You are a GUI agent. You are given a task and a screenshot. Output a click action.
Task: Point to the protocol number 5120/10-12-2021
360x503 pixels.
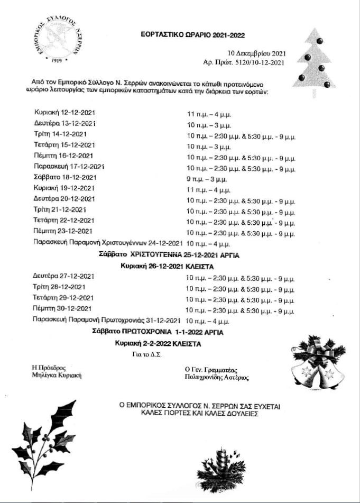[x=259, y=62]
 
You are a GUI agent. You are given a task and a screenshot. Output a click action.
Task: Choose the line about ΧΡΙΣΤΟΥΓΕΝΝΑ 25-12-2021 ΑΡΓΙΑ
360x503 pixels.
[x=170, y=255]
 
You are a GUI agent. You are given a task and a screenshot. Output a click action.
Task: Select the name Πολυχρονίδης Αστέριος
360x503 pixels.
[x=217, y=378]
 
